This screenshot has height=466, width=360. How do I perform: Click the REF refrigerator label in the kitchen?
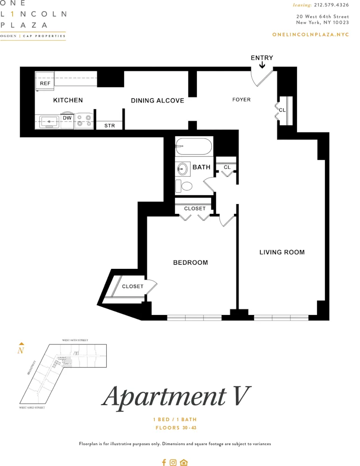pos(45,83)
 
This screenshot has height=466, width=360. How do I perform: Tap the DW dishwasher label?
pos(67,118)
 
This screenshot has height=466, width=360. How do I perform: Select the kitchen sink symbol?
pos(48,122)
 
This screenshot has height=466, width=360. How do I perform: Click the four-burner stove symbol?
pos(84,121)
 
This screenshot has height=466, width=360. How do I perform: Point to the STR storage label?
pos(109,126)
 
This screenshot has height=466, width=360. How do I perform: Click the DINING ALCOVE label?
pos(157,101)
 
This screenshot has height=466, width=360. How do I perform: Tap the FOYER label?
pos(242,100)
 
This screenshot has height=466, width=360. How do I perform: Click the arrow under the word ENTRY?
pos(262,66)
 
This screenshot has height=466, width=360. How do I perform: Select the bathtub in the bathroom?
pos(194,146)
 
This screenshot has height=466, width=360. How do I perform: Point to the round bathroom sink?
pos(183,169)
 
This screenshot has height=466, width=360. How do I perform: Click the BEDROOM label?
pos(190,263)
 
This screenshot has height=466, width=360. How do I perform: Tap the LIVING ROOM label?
pos(282,252)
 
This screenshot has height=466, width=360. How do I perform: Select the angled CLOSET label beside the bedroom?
pos(132,286)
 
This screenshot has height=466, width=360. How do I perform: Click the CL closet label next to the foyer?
pos(282,110)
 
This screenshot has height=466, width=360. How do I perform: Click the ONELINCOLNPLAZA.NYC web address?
pos(310,35)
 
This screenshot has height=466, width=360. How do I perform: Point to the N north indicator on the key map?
pos(21,350)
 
